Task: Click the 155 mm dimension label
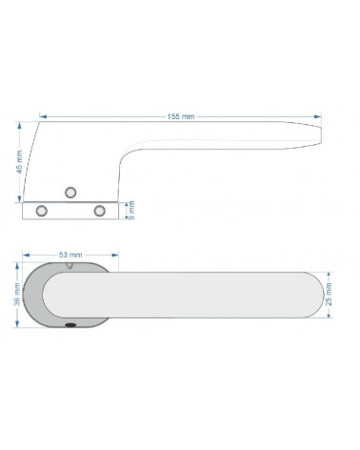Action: coord(181,116)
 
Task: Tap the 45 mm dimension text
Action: coord(20,162)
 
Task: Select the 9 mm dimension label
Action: coord(132,210)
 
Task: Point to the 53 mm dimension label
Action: coord(70,255)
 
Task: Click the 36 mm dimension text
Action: coord(17,295)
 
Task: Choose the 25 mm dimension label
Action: coord(329,295)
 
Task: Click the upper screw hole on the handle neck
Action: coord(70,193)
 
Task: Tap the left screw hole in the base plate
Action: coord(42,211)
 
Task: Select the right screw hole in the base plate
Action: coord(100,211)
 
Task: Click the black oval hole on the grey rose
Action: coord(70,325)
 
